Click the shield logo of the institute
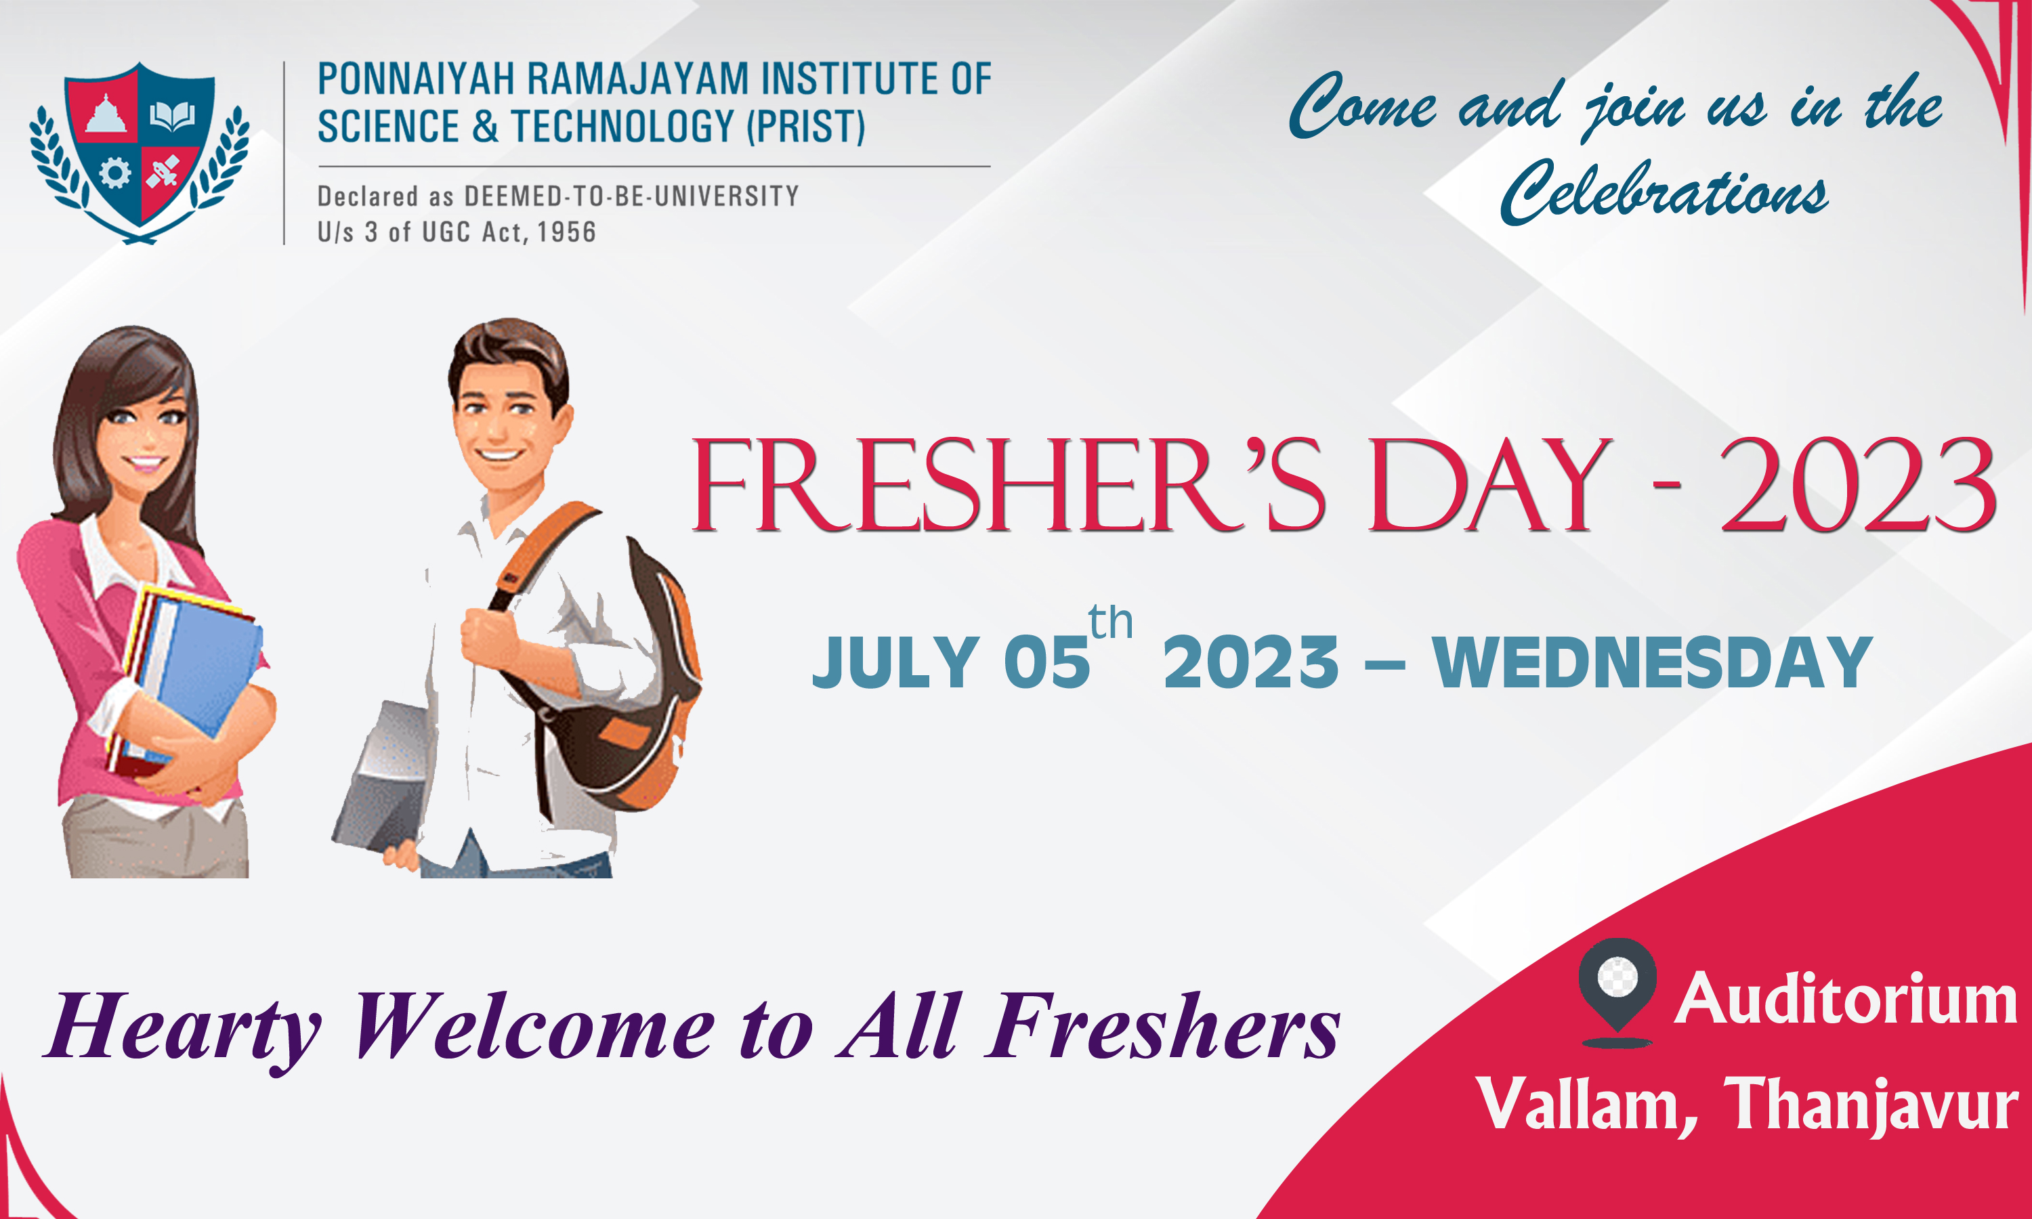[x=140, y=152]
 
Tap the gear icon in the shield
[x=114, y=173]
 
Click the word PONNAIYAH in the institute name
[x=416, y=80]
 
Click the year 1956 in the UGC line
[x=567, y=232]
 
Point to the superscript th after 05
[x=1110, y=622]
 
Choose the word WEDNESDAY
[x=1652, y=662]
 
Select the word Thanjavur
[x=1870, y=1106]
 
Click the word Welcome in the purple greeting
[x=534, y=1026]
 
